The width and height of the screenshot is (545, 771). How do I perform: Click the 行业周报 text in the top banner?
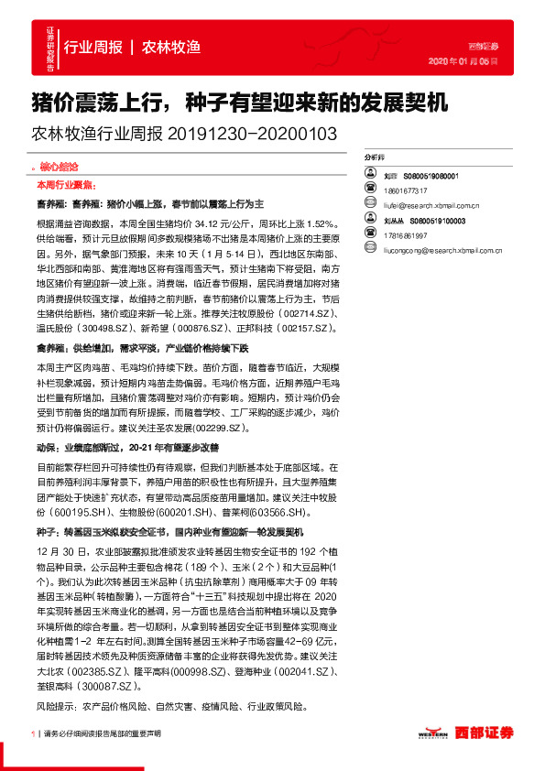(94, 47)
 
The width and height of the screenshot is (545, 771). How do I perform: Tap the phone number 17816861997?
(405, 234)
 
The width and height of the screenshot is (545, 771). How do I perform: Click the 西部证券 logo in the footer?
(482, 732)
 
